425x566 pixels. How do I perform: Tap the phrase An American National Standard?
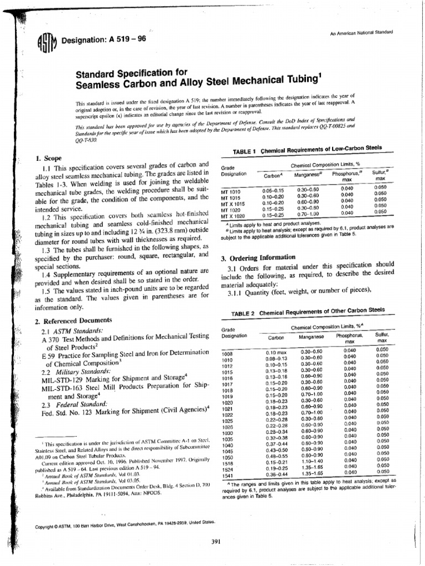[x=361, y=33]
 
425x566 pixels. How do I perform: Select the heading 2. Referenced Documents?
[x=73, y=321]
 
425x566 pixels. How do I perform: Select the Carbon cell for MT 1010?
[x=273, y=191]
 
